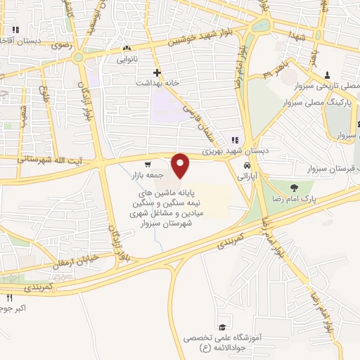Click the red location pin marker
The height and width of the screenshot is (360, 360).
(181, 166)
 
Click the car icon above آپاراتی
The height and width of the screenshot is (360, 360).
(246, 166)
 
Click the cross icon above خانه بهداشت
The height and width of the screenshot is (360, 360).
(157, 72)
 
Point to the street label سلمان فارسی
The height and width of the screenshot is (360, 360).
(198, 120)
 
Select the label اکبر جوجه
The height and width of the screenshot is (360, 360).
(14, 308)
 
